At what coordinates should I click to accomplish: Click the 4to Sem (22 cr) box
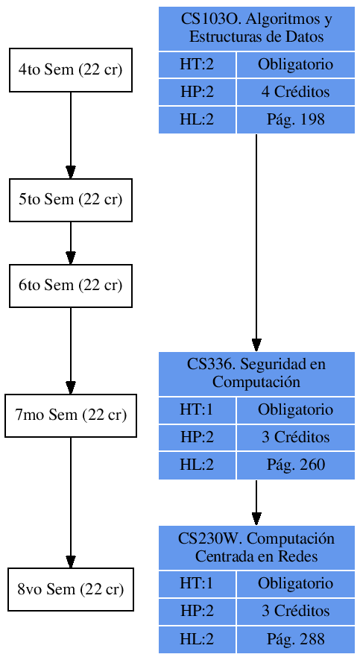pos(70,70)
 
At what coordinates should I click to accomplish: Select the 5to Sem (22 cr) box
pos(70,200)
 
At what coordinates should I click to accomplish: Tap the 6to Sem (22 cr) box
pos(70,286)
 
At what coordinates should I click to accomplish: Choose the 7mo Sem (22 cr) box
pos(70,415)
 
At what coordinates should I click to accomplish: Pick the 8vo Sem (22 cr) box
pos(70,589)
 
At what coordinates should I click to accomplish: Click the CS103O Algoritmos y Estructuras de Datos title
pos(256,28)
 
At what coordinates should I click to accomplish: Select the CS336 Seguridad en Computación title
pos(256,373)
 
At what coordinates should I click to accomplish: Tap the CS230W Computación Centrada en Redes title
pos(256,547)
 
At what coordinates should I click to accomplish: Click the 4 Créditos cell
pos(295,92)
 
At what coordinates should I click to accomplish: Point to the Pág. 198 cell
pos(295,119)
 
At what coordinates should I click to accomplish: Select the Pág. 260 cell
pos(295,465)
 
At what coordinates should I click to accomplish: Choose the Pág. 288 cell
pos(295,639)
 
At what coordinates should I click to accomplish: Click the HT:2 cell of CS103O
pos(197,65)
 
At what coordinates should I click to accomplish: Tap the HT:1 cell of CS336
pos(197,409)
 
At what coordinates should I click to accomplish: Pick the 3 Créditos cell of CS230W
pos(295,612)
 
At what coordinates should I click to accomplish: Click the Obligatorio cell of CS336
pos(295,409)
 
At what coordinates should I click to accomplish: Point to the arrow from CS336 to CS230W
pos(256,502)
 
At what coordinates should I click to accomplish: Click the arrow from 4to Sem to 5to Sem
pos(71,135)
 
